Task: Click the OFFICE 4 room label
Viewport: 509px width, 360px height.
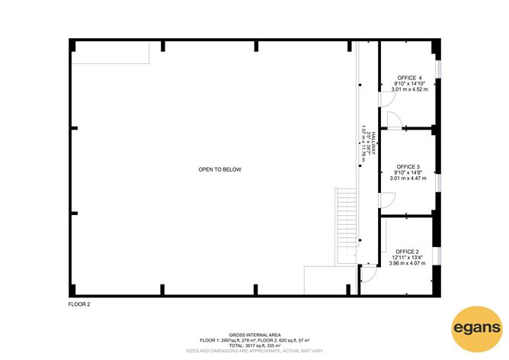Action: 409,78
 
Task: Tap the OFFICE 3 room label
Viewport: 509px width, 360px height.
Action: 408,166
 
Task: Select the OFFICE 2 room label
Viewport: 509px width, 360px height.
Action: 407,252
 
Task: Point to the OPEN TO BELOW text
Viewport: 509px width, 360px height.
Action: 220,169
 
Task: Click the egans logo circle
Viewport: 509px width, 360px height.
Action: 476,329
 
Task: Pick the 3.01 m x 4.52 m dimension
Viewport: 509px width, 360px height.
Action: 409,89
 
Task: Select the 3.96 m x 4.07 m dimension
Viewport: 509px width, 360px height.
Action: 408,263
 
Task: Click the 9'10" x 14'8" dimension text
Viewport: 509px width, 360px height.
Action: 408,172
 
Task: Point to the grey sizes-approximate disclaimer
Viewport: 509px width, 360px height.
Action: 254,351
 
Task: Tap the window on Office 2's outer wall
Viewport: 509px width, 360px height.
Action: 437,257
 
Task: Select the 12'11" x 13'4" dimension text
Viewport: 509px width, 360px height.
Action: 408,257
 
